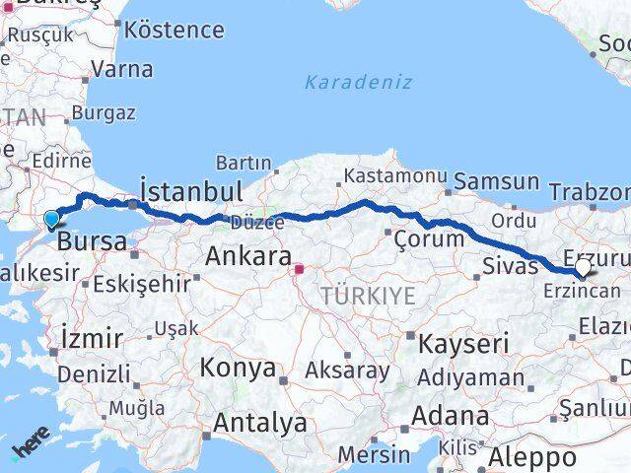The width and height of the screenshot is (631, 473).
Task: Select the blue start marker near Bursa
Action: point(51,219)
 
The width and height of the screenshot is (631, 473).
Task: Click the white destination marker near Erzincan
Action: point(583,267)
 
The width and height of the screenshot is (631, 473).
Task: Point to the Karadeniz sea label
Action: point(358,82)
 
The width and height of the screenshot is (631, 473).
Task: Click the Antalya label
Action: point(260,424)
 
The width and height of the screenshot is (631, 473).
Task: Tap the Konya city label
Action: point(238,369)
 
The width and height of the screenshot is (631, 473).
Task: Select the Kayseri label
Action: point(463,344)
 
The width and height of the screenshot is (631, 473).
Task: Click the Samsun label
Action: point(497,181)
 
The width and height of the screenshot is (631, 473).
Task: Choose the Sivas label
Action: point(510,264)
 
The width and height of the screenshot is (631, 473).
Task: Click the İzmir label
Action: point(92,338)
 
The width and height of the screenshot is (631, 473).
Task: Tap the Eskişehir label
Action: point(142,284)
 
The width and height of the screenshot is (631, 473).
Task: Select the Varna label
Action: point(121,70)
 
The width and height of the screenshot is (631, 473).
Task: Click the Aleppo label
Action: point(533,457)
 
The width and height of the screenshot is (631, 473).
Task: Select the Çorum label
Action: point(428,238)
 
